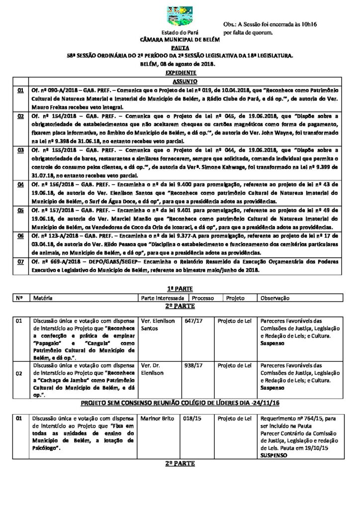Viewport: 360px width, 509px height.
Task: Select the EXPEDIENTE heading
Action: [180, 73]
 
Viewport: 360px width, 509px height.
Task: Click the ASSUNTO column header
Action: [184, 81]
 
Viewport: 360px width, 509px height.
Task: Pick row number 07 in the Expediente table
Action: [20, 261]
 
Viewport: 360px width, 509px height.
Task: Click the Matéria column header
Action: [43, 298]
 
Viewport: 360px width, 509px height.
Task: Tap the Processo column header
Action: [203, 298]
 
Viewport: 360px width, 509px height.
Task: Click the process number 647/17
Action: [192, 321]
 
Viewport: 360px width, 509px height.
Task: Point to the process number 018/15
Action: [191, 419]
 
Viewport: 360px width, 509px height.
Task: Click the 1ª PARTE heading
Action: [180, 289]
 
